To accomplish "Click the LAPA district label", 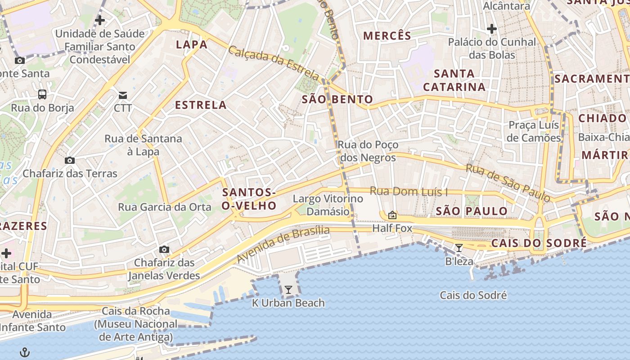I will (x=192, y=44).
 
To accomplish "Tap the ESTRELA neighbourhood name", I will (x=201, y=105).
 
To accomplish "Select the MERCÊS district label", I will (x=387, y=36).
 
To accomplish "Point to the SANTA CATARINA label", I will (x=454, y=80).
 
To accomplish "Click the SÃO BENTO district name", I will (x=337, y=99).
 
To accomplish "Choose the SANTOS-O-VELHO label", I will (x=249, y=199).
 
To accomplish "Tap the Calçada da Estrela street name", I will (x=274, y=63).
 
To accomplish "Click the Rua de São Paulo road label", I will (x=508, y=183).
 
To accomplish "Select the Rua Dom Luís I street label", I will (x=409, y=191).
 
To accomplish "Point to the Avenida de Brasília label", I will (x=283, y=244).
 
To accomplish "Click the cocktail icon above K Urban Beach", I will (x=288, y=290).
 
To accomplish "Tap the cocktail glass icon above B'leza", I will (x=459, y=247).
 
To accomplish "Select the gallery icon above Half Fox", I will (x=392, y=215).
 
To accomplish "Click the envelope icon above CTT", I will (x=123, y=95).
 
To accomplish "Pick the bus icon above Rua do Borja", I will (x=42, y=94).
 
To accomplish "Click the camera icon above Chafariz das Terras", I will (x=70, y=160).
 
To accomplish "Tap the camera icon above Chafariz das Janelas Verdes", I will (x=164, y=249).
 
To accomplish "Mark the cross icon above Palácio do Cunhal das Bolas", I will (x=492, y=29).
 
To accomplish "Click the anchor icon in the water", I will (x=25, y=352).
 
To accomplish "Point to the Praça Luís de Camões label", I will (x=534, y=131).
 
